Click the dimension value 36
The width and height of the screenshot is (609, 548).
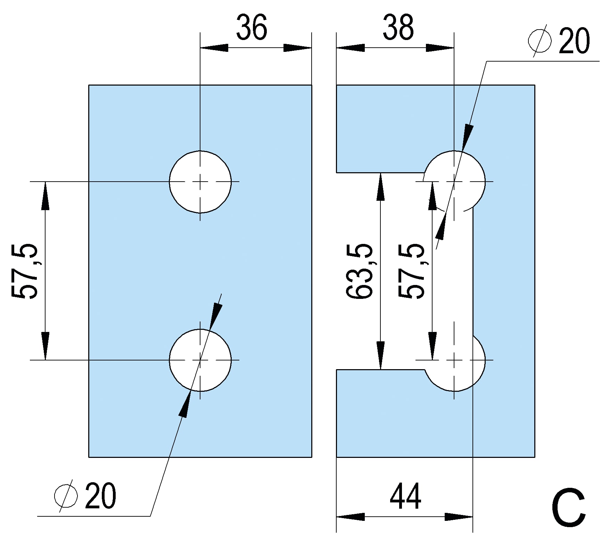pyautogui.click(x=252, y=27)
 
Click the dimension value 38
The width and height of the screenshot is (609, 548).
pyautogui.click(x=398, y=27)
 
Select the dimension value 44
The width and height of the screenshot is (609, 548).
pyautogui.click(x=405, y=497)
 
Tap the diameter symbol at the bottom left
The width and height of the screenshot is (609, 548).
pyautogui.click(x=66, y=496)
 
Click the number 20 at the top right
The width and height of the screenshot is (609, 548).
pyautogui.click(x=574, y=41)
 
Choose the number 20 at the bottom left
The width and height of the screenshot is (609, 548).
pyautogui.click(x=100, y=496)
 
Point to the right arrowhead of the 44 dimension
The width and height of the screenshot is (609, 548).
pyautogui.click(x=459, y=517)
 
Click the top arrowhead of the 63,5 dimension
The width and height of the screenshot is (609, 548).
pyautogui.click(x=381, y=186)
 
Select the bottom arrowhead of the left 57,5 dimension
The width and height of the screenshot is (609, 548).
pyautogui.click(x=45, y=346)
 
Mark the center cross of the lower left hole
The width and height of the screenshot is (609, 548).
pyautogui.click(x=200, y=360)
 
